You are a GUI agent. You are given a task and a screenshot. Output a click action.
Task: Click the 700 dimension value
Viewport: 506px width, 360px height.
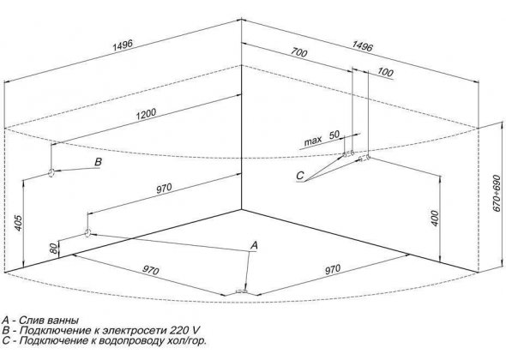pos(298,52)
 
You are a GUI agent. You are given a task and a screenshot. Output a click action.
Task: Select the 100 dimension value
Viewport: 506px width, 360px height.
pos(385,72)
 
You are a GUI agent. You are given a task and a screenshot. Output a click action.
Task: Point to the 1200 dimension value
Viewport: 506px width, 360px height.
pos(146,114)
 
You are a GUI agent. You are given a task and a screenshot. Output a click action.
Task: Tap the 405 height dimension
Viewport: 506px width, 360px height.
pos(18,223)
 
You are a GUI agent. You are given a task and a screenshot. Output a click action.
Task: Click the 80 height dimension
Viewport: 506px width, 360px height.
pos(54,248)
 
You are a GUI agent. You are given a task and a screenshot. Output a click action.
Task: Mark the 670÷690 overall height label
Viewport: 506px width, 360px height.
pos(497,194)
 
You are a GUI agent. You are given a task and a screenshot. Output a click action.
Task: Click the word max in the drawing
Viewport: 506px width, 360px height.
pos(313,141)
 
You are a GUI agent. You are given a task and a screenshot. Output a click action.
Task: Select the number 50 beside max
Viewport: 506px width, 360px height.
pos(334,135)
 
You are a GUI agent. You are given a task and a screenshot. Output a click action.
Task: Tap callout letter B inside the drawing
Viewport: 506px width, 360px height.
pos(98,162)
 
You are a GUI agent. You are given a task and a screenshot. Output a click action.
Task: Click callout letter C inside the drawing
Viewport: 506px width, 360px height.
pos(300,176)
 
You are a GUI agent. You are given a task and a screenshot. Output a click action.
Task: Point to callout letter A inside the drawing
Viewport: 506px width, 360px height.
pos(255,245)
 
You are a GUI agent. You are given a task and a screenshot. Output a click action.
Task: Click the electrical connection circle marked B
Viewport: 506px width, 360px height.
pos(51,173)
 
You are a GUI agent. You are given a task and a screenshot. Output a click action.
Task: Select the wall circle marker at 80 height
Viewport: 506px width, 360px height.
pos(87,232)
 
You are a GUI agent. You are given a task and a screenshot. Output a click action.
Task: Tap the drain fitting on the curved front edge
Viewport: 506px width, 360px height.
pos(241,291)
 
